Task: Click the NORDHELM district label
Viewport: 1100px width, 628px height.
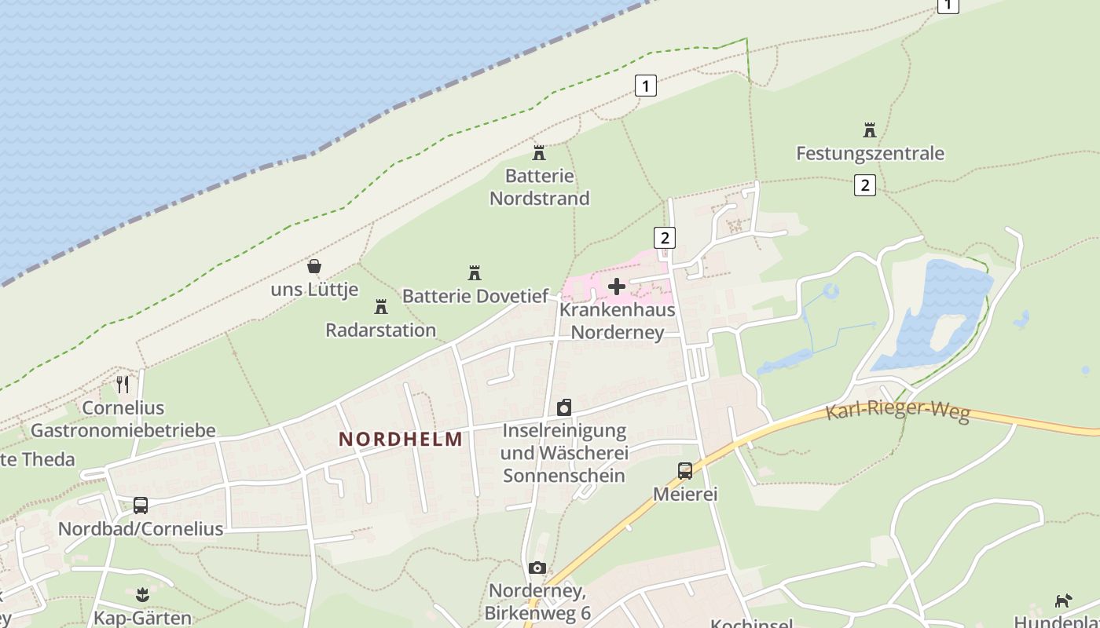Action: tap(401, 439)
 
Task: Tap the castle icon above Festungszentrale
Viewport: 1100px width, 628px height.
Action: tap(869, 130)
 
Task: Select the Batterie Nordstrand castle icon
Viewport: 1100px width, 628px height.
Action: tap(539, 152)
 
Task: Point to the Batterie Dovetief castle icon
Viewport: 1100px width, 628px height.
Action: tap(475, 272)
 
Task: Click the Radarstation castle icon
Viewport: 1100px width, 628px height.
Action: tap(381, 306)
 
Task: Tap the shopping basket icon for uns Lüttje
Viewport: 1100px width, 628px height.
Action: tap(314, 266)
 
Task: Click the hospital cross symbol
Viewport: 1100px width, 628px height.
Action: tap(617, 287)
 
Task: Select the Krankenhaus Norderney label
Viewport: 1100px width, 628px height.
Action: tap(618, 321)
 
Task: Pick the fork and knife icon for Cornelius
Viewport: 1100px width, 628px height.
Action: tap(123, 384)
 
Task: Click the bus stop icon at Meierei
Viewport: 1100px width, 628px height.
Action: tap(685, 471)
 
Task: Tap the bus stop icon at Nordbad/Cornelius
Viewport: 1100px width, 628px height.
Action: tap(141, 506)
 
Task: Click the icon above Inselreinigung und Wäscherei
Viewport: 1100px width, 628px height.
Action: tap(564, 407)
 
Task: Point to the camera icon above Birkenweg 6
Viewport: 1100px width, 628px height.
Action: tap(537, 568)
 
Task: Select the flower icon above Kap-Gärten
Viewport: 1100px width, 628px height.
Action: tap(142, 594)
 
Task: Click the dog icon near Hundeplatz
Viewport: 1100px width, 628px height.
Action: tap(1063, 601)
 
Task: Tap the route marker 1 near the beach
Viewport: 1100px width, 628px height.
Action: tap(645, 86)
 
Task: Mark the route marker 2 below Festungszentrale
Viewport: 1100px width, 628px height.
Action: tap(864, 185)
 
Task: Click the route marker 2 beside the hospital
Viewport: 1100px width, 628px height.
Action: tap(665, 238)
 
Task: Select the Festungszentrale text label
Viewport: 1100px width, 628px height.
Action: tap(870, 153)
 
